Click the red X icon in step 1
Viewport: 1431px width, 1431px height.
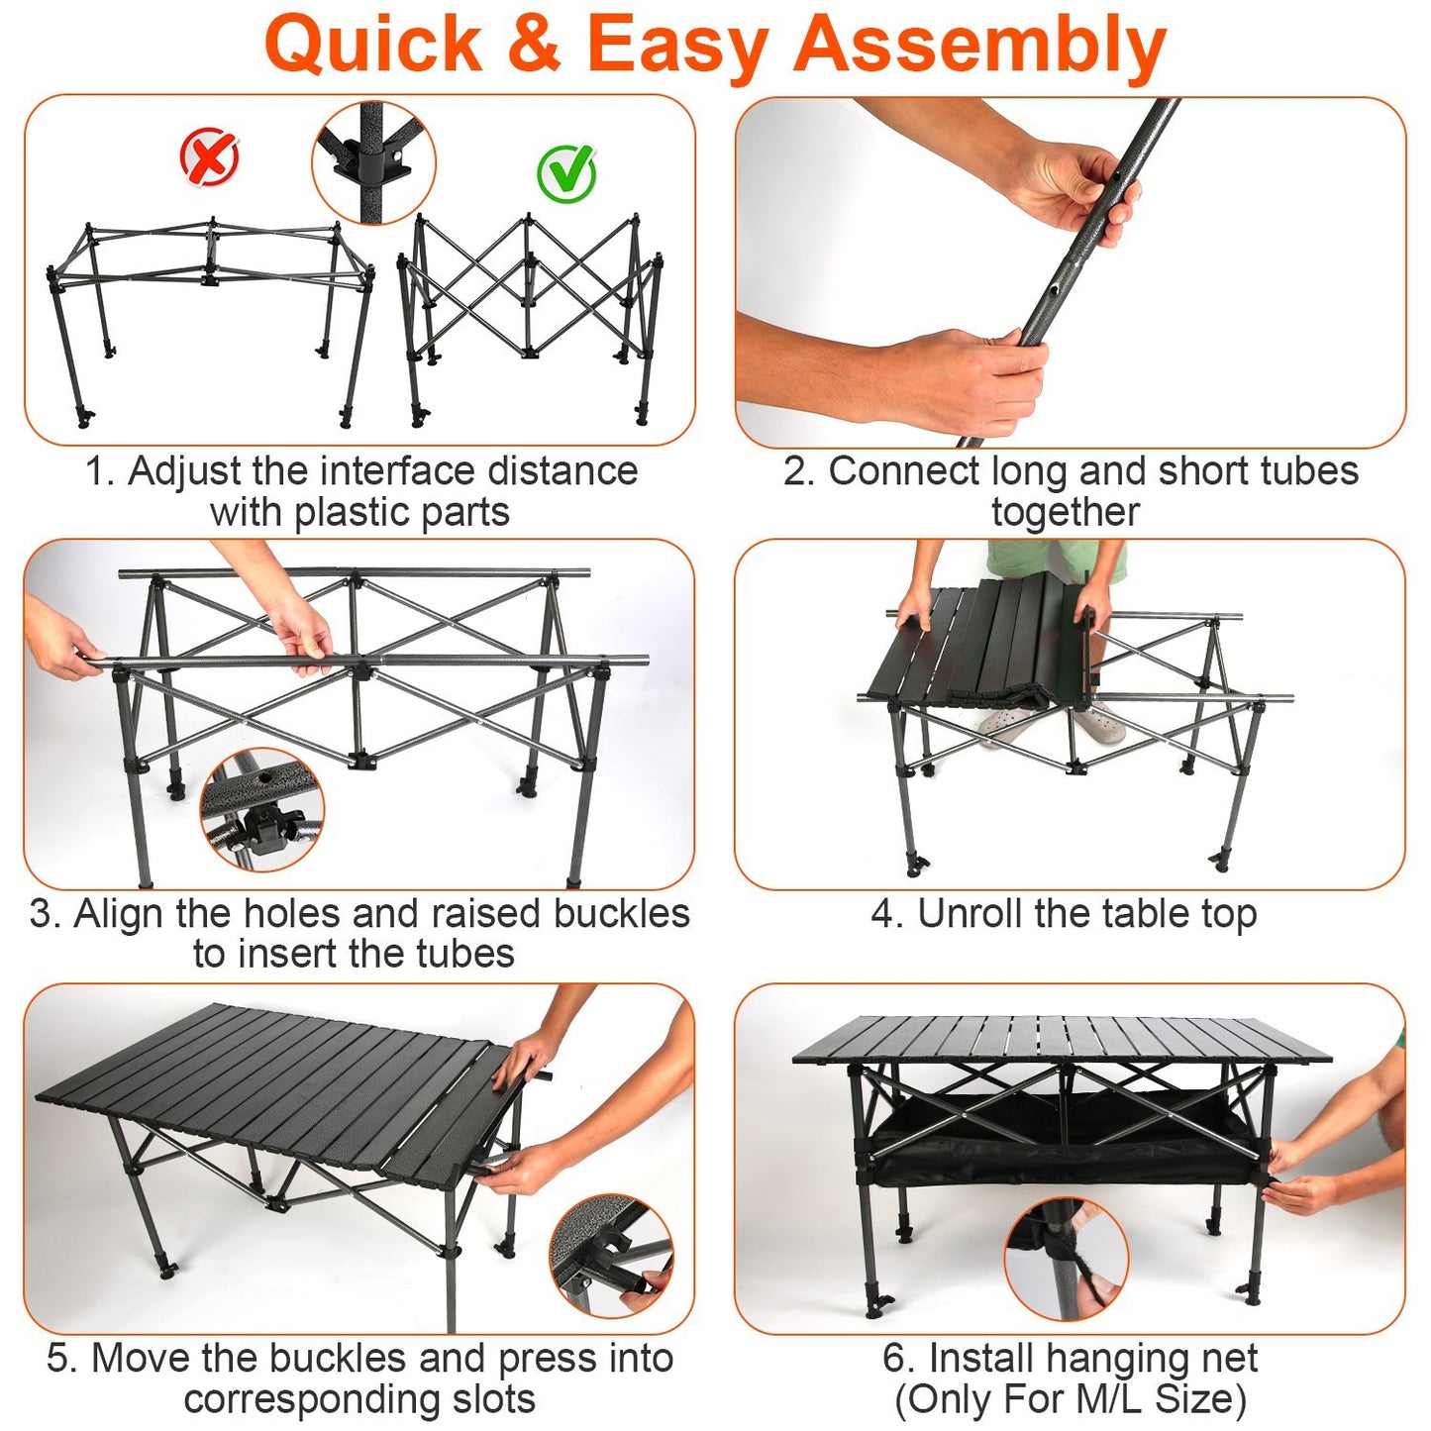[x=210, y=157]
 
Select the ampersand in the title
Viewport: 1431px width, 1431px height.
[x=535, y=46]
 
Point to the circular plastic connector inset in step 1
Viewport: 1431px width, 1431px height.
[x=373, y=161]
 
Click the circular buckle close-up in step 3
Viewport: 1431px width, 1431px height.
[x=262, y=810]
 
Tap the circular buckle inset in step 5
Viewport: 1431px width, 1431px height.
[x=611, y=1256]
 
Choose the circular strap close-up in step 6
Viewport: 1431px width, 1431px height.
[x=1067, y=1259]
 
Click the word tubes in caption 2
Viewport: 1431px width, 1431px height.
[x=1308, y=471]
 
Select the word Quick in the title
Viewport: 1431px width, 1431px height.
[x=373, y=46]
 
